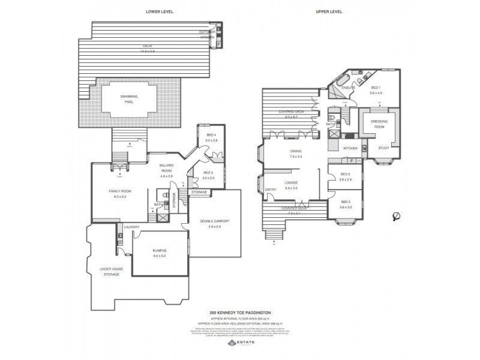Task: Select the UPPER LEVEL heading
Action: [329, 11]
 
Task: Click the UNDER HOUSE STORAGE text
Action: [112, 271]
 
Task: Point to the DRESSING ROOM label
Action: [373, 124]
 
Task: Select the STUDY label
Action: [382, 147]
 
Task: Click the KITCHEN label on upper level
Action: [350, 147]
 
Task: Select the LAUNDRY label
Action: [132, 227]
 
